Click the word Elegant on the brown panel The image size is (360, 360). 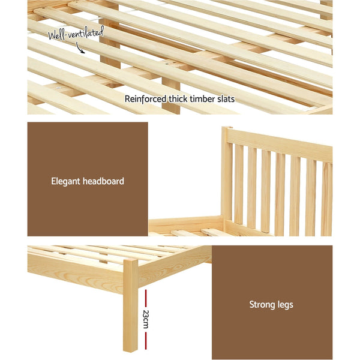68,181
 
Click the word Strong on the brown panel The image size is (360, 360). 262,305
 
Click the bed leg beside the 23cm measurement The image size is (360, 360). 130,306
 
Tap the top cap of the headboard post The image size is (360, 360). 226,128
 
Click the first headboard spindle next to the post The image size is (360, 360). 239,189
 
